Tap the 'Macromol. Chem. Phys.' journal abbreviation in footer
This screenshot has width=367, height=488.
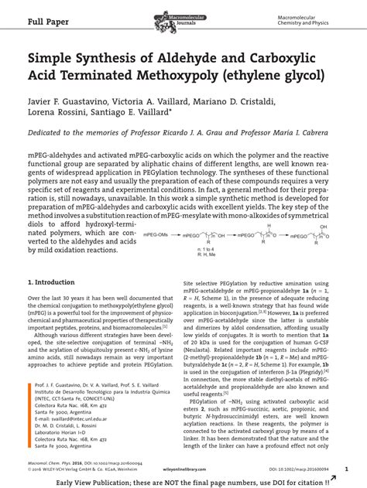tap(51, 459)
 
